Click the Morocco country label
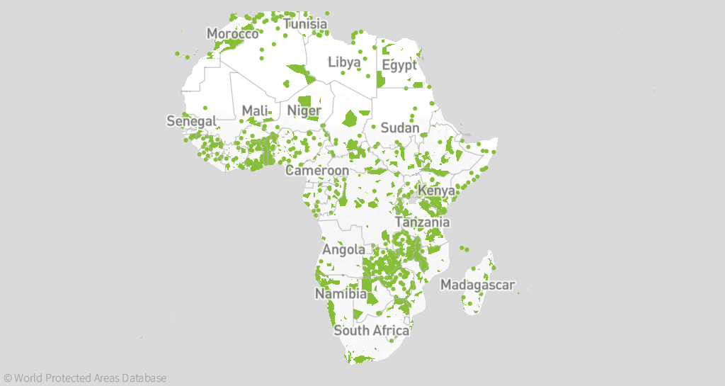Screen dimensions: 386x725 pos(232,34)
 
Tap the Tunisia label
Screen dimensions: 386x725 pos(305,25)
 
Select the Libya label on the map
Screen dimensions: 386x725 pos(344,62)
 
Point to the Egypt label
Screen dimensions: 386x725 pos(399,65)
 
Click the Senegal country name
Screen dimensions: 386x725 pos(191,121)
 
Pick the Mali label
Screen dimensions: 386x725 pos(255,110)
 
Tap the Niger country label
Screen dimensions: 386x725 pos(304,111)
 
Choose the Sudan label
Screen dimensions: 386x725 pos(400,128)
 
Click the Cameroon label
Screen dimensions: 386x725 pos(317,171)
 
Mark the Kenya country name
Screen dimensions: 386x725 pos(435,191)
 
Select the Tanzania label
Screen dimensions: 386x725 pos(422,222)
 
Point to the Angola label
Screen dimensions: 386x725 pos(344,249)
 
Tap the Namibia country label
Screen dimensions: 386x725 pos(341,293)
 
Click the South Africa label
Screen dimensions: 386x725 pos(372,331)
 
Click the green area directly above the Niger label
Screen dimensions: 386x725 pos(305,101)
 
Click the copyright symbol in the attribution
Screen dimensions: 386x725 pos(8,378)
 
